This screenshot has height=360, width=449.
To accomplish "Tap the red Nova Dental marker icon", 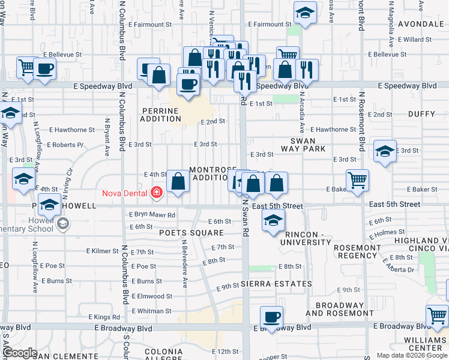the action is [157, 193].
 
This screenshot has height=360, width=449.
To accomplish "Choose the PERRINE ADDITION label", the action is [161, 115].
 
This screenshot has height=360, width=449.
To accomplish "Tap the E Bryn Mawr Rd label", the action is [152, 215].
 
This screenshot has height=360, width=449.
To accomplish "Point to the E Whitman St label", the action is [151, 311].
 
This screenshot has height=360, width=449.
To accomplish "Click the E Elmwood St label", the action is [151, 296].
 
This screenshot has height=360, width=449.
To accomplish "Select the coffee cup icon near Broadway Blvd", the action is [271, 317].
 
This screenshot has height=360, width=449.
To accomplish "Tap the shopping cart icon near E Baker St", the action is [357, 179].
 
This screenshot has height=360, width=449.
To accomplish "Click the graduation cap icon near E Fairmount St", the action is [305, 13].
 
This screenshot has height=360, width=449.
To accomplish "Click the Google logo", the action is [19, 353].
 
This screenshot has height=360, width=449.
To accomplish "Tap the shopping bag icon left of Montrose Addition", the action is [178, 181].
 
